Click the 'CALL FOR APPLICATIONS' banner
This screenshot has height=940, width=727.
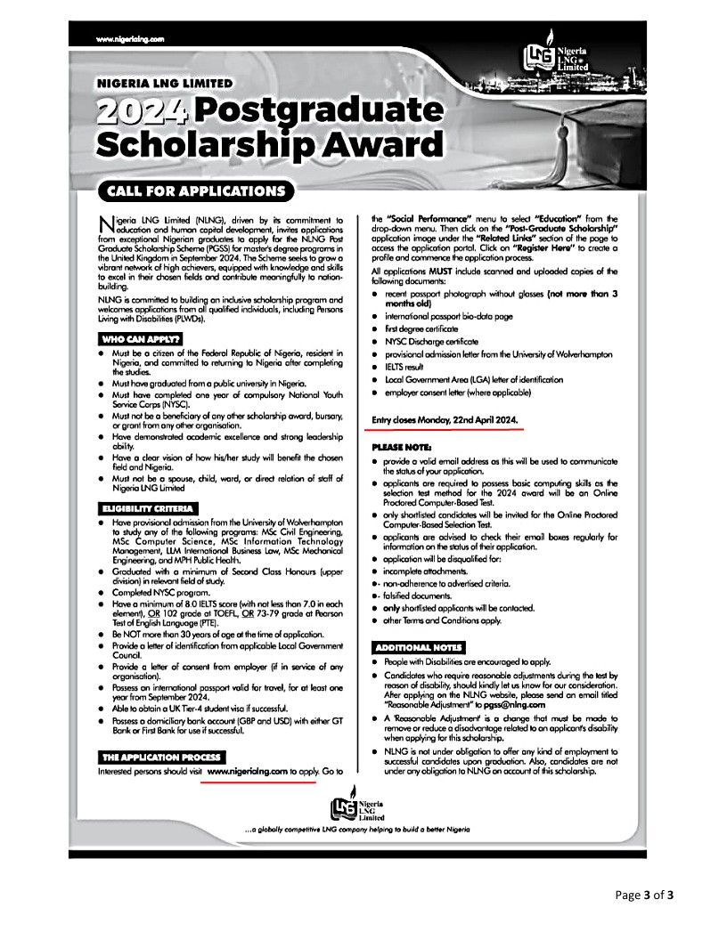tap(196, 191)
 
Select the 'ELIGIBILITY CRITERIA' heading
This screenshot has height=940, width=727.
tap(148, 508)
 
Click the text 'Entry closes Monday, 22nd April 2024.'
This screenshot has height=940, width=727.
tap(445, 418)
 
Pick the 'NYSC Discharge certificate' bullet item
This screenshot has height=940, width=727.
tap(431, 342)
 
